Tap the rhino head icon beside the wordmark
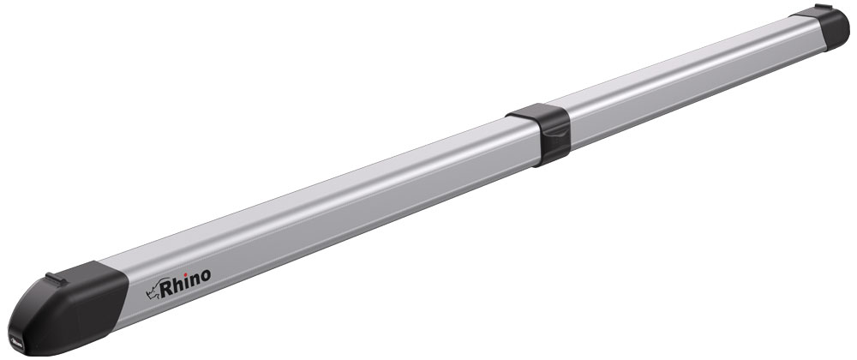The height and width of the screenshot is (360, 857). (x=153, y=290)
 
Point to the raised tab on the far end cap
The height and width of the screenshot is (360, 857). (x=822, y=9)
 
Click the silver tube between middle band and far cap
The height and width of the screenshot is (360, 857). (x=686, y=77)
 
